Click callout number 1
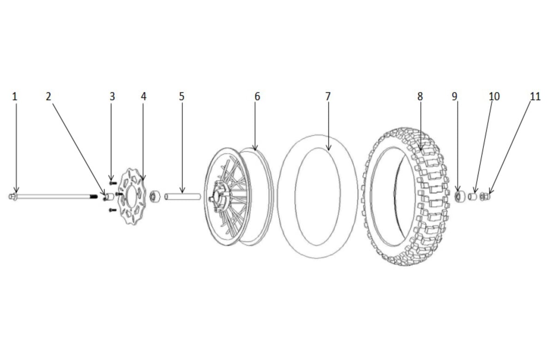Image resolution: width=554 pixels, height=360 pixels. coord(15,96)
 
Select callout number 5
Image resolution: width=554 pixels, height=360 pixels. coord(181,96)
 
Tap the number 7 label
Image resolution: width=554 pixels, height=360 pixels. coord(328,96)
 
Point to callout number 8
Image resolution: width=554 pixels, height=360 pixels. coord(420,96)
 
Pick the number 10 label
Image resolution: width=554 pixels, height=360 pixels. coord(494,96)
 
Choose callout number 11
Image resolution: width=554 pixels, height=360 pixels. coord(535,96)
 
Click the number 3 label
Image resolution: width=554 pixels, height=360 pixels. coord(112,96)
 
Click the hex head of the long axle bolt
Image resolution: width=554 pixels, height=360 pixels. coord(12,197)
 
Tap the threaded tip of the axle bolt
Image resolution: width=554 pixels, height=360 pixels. coord(94,197)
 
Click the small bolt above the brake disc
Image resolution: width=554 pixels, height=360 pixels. coord(111,183)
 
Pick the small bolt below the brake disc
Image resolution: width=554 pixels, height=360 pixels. coord(111,210)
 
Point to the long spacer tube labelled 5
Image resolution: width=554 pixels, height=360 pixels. coord(182,197)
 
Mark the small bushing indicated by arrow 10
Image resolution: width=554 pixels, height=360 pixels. coord(472,197)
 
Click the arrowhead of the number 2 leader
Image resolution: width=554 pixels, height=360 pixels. coord(104,194)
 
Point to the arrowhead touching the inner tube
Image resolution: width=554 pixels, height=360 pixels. coord(328,149)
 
